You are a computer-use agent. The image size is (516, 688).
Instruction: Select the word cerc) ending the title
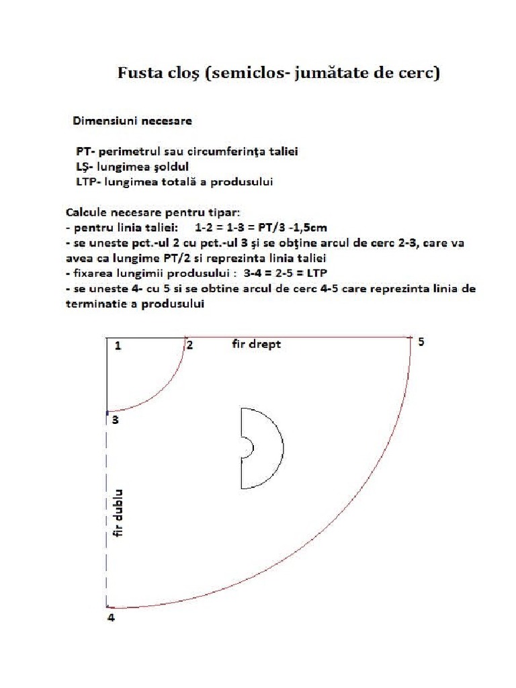click(419, 73)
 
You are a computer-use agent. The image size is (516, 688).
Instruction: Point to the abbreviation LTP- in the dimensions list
click(90, 182)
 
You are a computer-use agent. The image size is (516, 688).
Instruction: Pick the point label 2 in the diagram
click(190, 345)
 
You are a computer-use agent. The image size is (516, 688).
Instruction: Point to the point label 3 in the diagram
click(115, 420)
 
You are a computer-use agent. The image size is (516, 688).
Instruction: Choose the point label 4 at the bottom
click(112, 617)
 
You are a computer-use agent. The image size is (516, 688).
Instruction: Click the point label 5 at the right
click(421, 342)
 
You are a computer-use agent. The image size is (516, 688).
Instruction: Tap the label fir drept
click(255, 344)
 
